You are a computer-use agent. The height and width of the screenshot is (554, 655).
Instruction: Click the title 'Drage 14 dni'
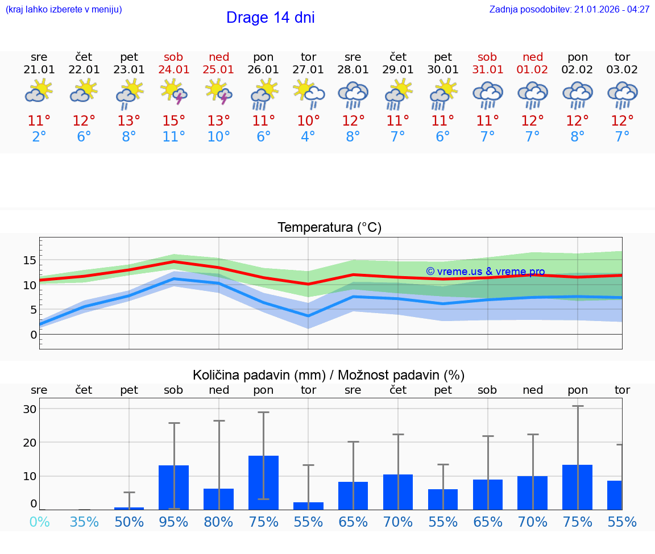(x=270, y=18)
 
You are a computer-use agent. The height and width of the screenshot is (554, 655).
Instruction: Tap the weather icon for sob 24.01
(x=174, y=92)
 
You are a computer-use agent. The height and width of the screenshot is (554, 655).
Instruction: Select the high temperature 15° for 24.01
(x=174, y=121)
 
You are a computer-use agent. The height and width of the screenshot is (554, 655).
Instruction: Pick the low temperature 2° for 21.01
(x=39, y=137)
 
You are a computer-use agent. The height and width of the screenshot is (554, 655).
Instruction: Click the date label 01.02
(x=533, y=70)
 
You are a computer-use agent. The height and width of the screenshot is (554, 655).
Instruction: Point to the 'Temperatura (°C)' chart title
(x=329, y=228)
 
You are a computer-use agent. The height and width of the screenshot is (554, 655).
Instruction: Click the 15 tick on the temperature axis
(x=30, y=260)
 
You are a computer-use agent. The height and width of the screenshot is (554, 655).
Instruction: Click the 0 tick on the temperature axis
(x=34, y=335)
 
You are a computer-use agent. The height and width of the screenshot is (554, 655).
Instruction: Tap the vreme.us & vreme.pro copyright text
(x=485, y=272)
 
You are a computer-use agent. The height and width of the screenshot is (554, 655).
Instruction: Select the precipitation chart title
(x=329, y=375)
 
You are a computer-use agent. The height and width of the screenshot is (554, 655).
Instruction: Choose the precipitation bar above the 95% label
(x=174, y=487)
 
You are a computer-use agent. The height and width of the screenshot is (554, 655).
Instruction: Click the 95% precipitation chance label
(x=174, y=522)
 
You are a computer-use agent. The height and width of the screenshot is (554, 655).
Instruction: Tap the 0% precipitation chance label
(x=39, y=522)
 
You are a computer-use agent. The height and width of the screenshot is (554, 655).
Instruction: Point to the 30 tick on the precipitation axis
(x=30, y=409)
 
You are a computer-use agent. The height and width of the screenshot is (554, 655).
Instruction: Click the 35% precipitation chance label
(x=84, y=522)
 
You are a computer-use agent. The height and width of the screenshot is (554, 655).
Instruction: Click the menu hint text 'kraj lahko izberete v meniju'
(x=64, y=10)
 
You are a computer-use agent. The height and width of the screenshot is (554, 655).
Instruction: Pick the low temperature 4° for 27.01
(x=308, y=137)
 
